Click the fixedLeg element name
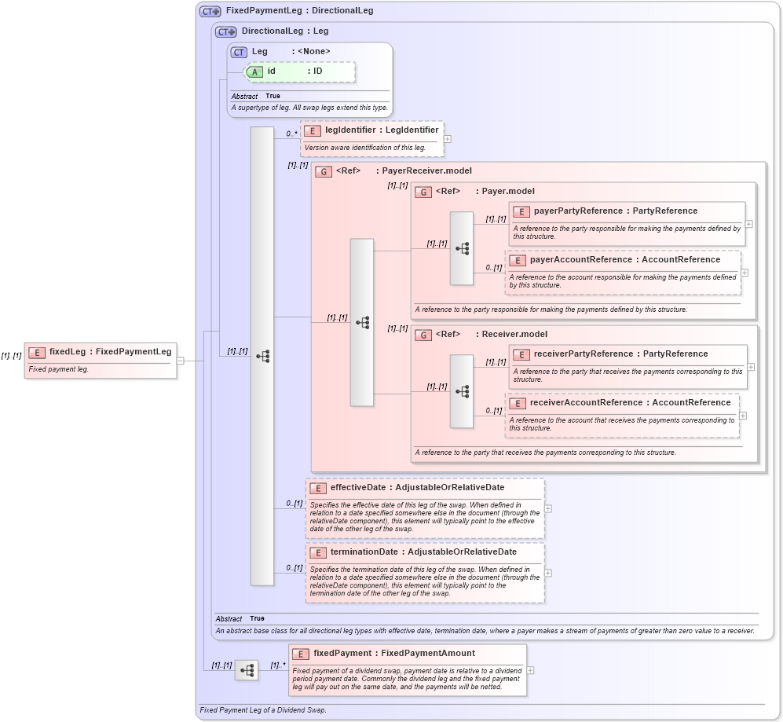[67, 352]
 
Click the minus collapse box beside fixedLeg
[180, 361]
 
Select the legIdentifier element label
[350, 130]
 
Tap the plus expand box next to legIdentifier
[447, 139]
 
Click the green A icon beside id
[256, 71]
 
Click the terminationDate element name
[364, 552]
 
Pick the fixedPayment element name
[343, 654]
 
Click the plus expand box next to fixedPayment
[530, 670]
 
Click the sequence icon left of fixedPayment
[247, 670]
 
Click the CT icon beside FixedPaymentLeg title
[210, 11]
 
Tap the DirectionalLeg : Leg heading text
[285, 31]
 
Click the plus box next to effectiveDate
[547, 508]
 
